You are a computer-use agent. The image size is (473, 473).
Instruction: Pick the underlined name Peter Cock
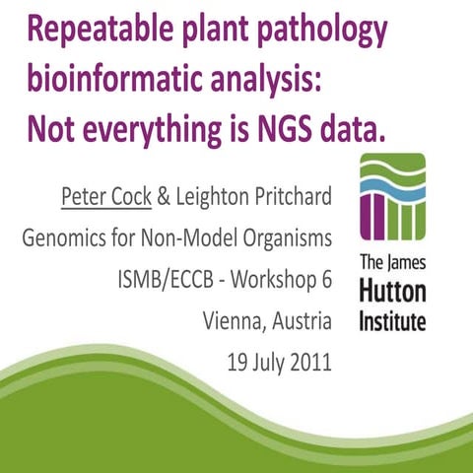[105, 196]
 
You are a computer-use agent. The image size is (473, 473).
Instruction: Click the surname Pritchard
[291, 196]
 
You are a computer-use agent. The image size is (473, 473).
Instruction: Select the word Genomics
[65, 238]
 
